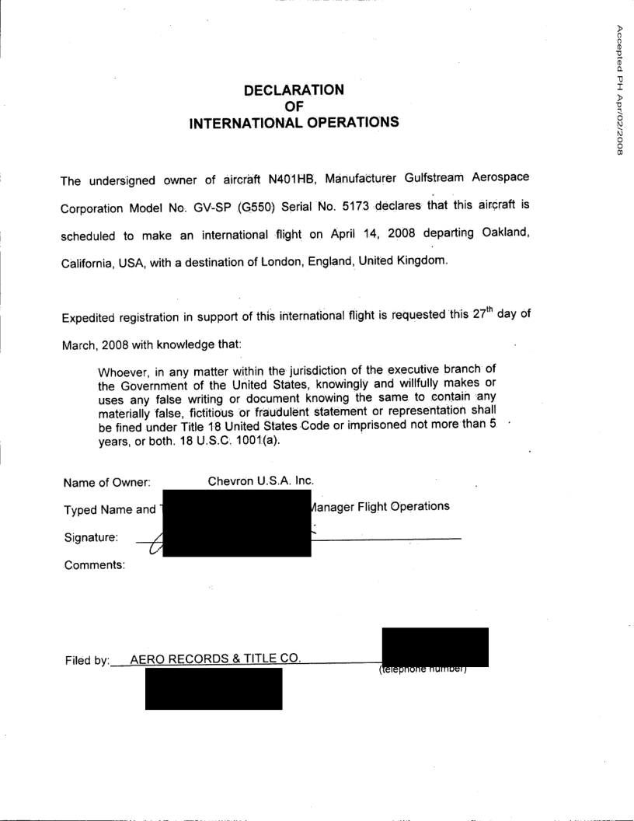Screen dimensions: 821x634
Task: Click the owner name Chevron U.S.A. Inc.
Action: [x=260, y=480]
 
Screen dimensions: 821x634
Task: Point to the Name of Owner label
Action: [x=106, y=482]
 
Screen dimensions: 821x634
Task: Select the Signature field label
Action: [x=92, y=536]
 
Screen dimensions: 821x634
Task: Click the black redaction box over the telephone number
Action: [x=435, y=647]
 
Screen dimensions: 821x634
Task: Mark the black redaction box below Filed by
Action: [x=214, y=689]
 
